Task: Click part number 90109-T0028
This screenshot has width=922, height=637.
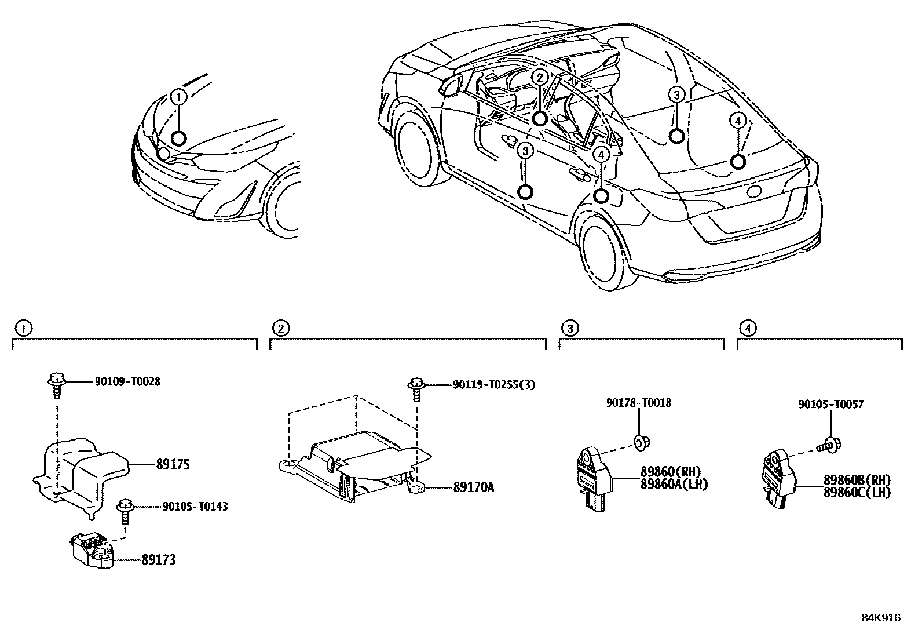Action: (x=127, y=381)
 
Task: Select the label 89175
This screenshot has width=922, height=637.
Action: (x=173, y=464)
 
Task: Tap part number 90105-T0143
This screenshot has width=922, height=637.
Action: (x=195, y=507)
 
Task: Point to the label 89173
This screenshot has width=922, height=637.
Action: (x=159, y=560)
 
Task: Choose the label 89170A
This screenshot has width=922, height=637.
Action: (x=473, y=487)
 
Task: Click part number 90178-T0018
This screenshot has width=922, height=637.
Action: (x=639, y=402)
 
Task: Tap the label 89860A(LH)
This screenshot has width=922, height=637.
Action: (x=674, y=484)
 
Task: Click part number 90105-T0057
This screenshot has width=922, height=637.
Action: (x=830, y=404)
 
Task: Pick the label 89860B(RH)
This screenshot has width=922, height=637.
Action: (x=857, y=481)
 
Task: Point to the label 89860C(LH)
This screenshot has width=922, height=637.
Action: (x=857, y=492)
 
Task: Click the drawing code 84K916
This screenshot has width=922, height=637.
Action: (x=881, y=618)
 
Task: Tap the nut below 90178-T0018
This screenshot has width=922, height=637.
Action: (x=641, y=443)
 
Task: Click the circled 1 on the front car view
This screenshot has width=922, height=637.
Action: (x=179, y=97)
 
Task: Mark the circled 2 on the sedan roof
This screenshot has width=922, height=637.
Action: (x=540, y=77)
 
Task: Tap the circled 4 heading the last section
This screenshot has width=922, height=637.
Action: (x=748, y=329)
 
